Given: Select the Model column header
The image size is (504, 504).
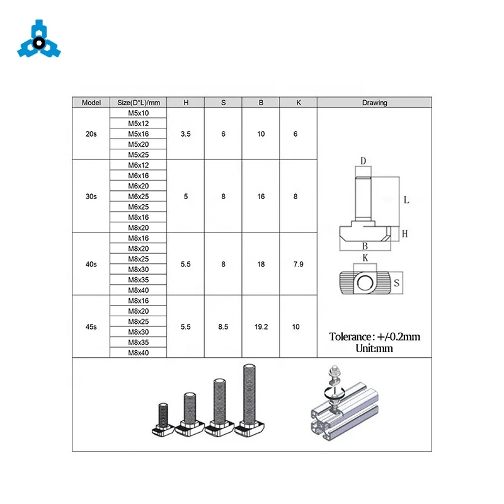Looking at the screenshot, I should pos(91,103).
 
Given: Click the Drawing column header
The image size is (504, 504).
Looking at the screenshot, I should pos(374,103).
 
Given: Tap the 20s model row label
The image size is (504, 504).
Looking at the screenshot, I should pos(91,134).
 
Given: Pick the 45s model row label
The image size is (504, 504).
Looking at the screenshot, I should pos(91,327).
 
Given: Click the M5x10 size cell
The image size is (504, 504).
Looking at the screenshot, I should pos(138,113).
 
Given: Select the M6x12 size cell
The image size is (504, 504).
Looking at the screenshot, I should pos(138,165).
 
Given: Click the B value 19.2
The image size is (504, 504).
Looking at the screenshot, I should pos(261,327).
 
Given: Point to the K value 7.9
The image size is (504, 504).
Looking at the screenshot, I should pos(299,265).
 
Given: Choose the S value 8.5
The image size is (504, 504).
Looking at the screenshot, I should pos(223,327).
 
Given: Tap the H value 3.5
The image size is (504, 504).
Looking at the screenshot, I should pos(185,134).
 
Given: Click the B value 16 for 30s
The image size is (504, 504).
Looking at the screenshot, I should pos(261,197).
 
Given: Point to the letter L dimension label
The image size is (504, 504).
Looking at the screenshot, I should pos(406,200).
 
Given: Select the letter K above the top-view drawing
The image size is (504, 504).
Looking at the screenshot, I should pos(364,258).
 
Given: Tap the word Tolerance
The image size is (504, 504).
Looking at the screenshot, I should pos(353,336).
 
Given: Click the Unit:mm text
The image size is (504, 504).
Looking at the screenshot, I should pos(374,347).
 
